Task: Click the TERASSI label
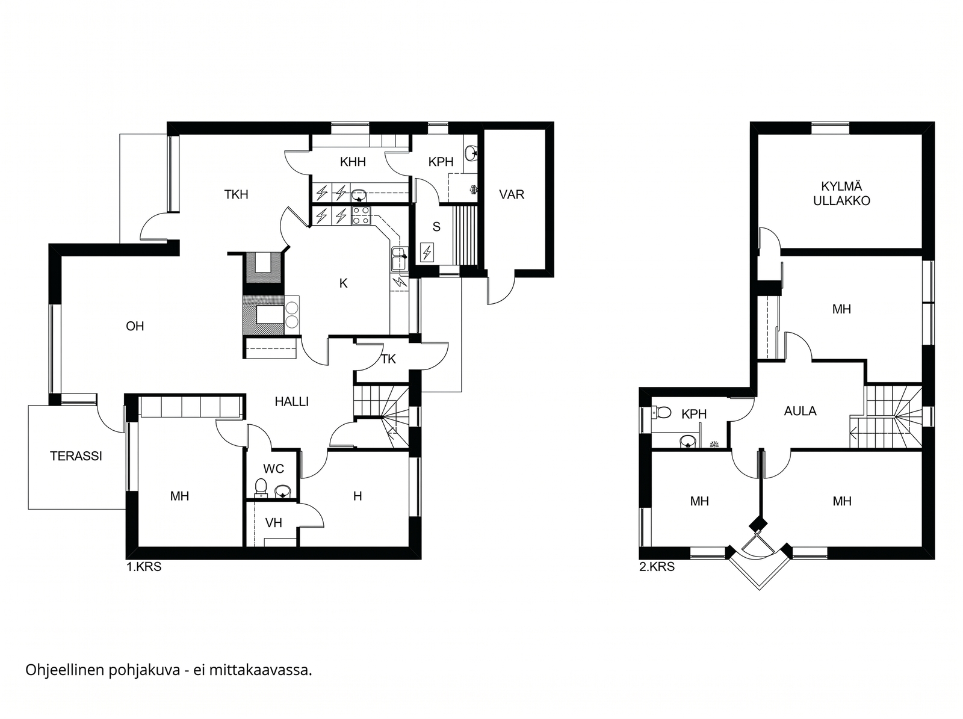tap(76, 457)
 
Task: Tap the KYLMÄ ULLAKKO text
tap(841, 194)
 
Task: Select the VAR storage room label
tap(512, 195)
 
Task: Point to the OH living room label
tap(135, 326)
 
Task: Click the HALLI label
tap(292, 401)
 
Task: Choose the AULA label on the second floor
tap(800, 411)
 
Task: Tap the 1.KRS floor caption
tap(144, 567)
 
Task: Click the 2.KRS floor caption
tap(657, 567)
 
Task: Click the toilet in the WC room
tap(261, 488)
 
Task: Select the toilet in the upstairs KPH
tap(662, 412)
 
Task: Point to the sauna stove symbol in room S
tap(427, 252)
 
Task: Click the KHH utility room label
tap(353, 162)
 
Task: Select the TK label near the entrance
tap(388, 360)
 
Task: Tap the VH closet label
tap(273, 523)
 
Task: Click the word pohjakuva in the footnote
tap(144, 670)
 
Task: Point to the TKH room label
tap(236, 195)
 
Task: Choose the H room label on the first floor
tap(358, 496)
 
